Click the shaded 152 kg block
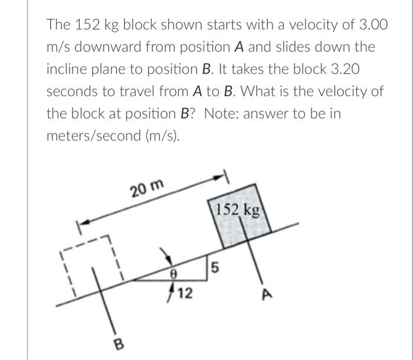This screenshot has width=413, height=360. point(242,221)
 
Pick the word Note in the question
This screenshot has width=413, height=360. point(219,113)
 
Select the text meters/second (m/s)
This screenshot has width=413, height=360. point(111,136)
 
